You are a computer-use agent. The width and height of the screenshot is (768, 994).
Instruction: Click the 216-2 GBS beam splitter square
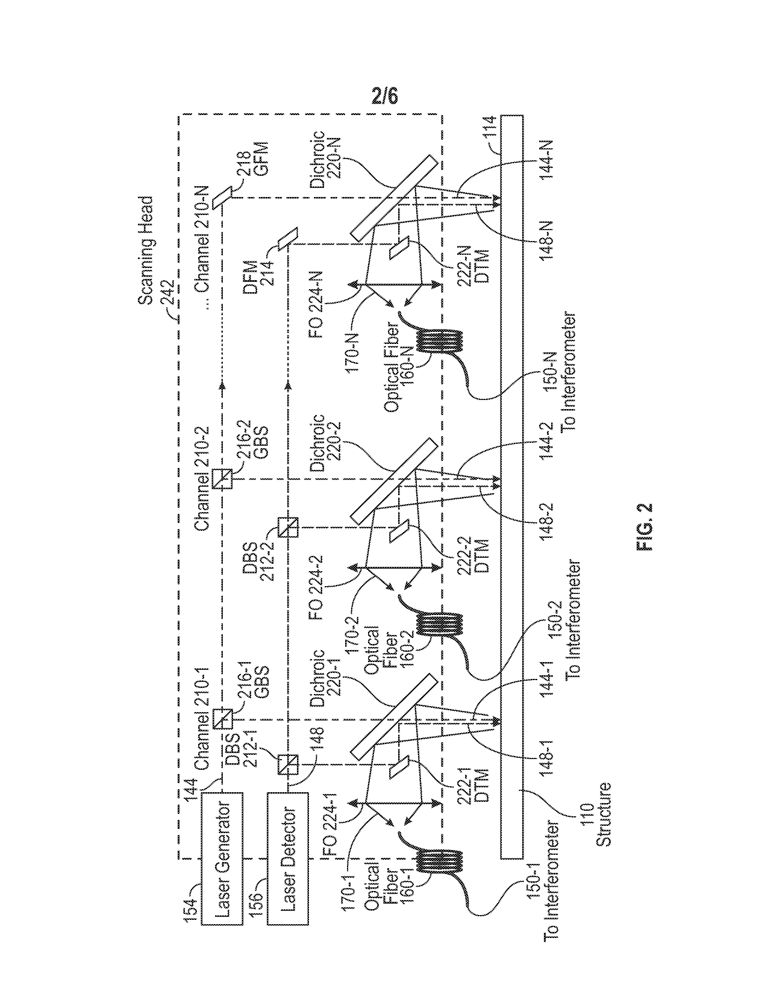pos(222,478)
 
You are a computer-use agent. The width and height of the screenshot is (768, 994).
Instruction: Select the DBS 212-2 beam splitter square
pos(287,528)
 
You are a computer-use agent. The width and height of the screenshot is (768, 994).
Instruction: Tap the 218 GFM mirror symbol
pos(222,196)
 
